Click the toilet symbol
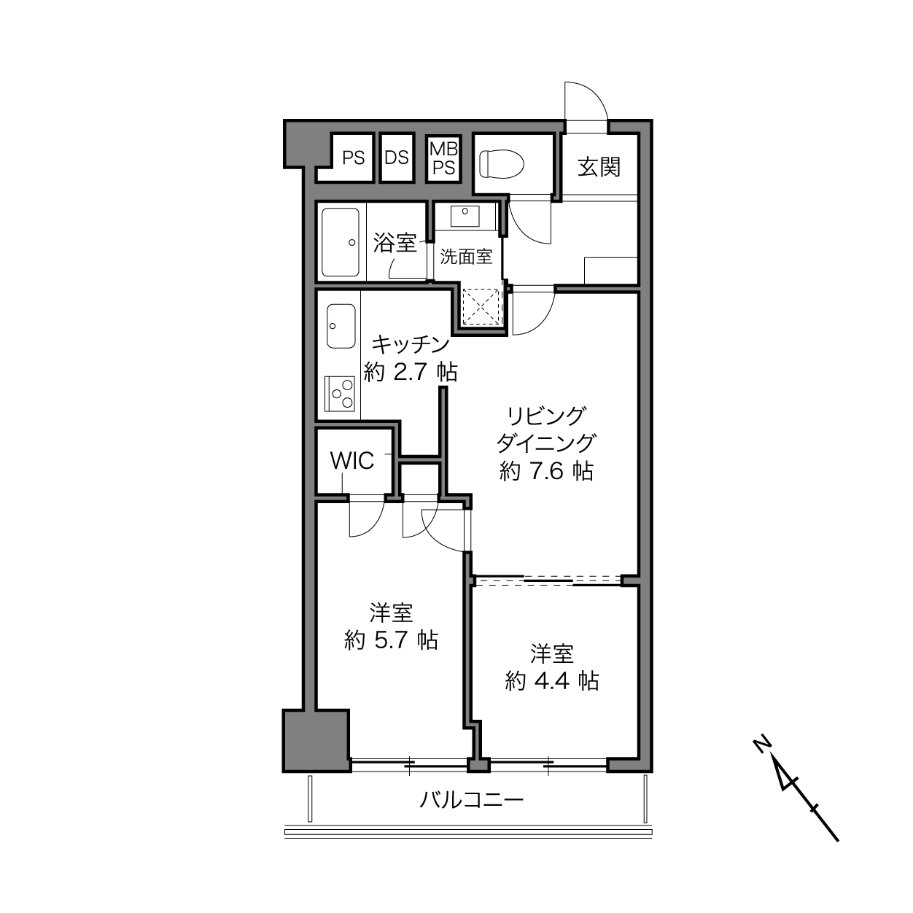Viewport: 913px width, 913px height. coord(501,163)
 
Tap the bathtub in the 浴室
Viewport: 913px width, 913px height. coord(340,242)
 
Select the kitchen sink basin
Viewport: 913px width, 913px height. coord(341,326)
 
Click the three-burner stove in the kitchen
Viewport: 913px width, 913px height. coord(339,393)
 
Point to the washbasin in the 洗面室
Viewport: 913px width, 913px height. coord(465,216)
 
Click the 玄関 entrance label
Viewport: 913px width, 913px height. coord(599,167)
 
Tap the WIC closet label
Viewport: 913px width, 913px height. coord(352,461)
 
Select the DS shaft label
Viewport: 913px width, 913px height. coord(397,158)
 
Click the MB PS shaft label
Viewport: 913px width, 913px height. coord(443,158)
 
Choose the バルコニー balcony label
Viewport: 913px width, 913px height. coord(472,800)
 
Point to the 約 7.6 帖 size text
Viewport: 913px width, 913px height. coord(546,471)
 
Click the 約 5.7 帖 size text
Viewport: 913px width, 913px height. coord(391,640)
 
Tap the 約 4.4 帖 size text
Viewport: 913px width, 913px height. coord(552,681)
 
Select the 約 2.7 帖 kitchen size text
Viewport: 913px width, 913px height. coord(411,372)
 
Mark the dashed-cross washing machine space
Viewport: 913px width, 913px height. coord(481,306)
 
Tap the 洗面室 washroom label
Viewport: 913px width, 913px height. coord(466,257)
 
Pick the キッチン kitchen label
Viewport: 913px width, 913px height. coord(411,344)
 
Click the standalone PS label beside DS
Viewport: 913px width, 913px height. coord(354,158)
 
